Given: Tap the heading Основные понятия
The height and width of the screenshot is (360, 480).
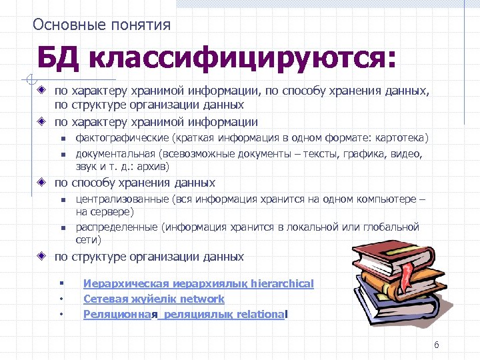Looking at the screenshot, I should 102,25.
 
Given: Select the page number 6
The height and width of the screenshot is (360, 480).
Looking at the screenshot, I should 436,345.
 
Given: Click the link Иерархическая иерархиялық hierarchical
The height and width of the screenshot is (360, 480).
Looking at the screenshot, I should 198,283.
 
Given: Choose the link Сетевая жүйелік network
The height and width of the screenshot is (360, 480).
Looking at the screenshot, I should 153,299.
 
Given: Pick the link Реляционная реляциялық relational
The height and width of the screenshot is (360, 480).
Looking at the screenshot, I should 186,314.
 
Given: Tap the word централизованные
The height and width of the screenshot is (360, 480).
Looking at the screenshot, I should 122,199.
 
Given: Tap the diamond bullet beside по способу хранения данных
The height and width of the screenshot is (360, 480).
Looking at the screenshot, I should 41,182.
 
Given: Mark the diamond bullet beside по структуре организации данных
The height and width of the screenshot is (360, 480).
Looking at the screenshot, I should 41,256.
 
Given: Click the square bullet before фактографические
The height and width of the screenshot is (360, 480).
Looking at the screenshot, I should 61,139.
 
